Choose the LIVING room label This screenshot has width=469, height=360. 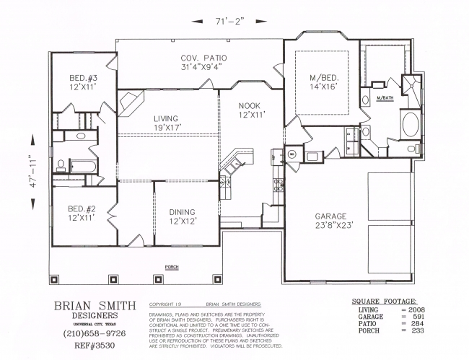click(x=166, y=123)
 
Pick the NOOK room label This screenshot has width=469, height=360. click(x=253, y=109)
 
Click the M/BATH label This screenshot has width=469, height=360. click(x=384, y=98)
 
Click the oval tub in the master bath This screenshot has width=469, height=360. click(x=409, y=124)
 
